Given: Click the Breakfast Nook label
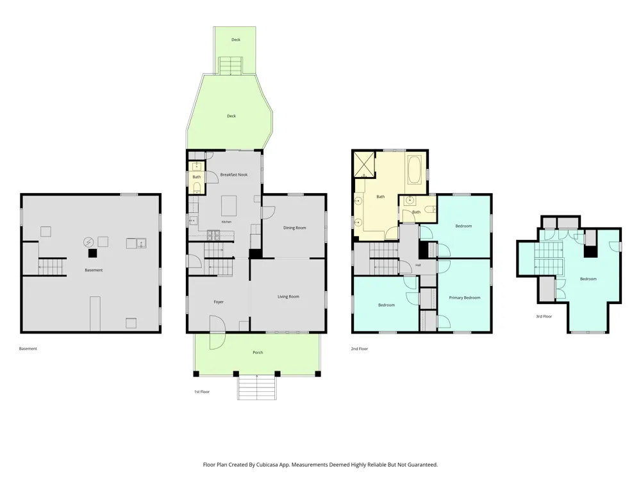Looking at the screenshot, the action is click(x=234, y=174).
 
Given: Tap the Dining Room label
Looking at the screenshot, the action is click(x=294, y=228).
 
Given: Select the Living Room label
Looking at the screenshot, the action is click(x=288, y=296).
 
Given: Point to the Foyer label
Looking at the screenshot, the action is click(x=219, y=302).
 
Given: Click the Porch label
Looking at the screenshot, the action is click(x=258, y=352).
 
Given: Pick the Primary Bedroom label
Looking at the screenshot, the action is click(x=464, y=298).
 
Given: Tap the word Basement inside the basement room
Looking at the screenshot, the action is click(x=94, y=270).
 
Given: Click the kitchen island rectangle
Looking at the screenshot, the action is click(x=229, y=206).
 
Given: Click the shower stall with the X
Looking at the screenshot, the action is click(x=364, y=164).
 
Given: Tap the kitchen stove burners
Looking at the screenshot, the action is click(x=214, y=235).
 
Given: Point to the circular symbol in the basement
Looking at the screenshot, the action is click(x=88, y=242).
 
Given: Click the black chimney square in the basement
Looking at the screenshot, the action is click(x=93, y=253).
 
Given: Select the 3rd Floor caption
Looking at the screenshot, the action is click(x=544, y=316).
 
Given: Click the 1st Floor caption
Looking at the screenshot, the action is click(x=202, y=392).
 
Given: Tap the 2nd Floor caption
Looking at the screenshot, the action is click(x=360, y=349).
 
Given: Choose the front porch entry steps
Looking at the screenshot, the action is click(x=257, y=387).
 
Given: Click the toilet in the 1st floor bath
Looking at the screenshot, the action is click(x=197, y=187).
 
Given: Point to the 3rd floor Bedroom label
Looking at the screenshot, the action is click(x=588, y=279).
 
